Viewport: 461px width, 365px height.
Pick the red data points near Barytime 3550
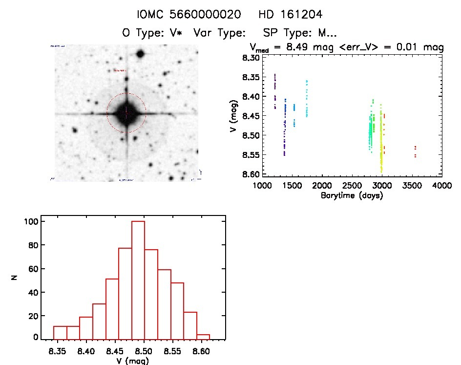[415, 151]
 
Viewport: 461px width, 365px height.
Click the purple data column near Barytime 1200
[275, 91]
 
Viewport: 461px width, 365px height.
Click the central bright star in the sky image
[126, 113]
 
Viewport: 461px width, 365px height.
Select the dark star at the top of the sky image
[140, 54]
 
